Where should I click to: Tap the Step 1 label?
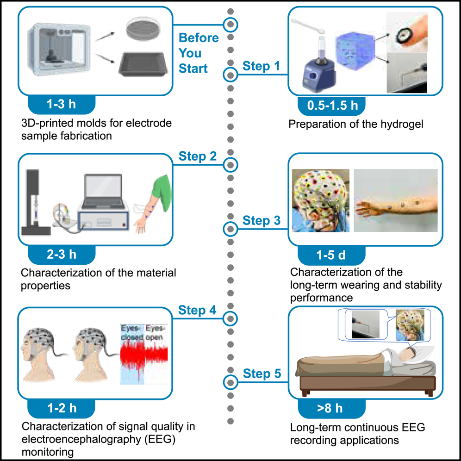(x=262, y=66)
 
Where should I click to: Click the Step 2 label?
(x=198, y=156)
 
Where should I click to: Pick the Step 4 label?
(x=198, y=310)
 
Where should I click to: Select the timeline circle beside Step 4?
(x=230, y=318)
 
